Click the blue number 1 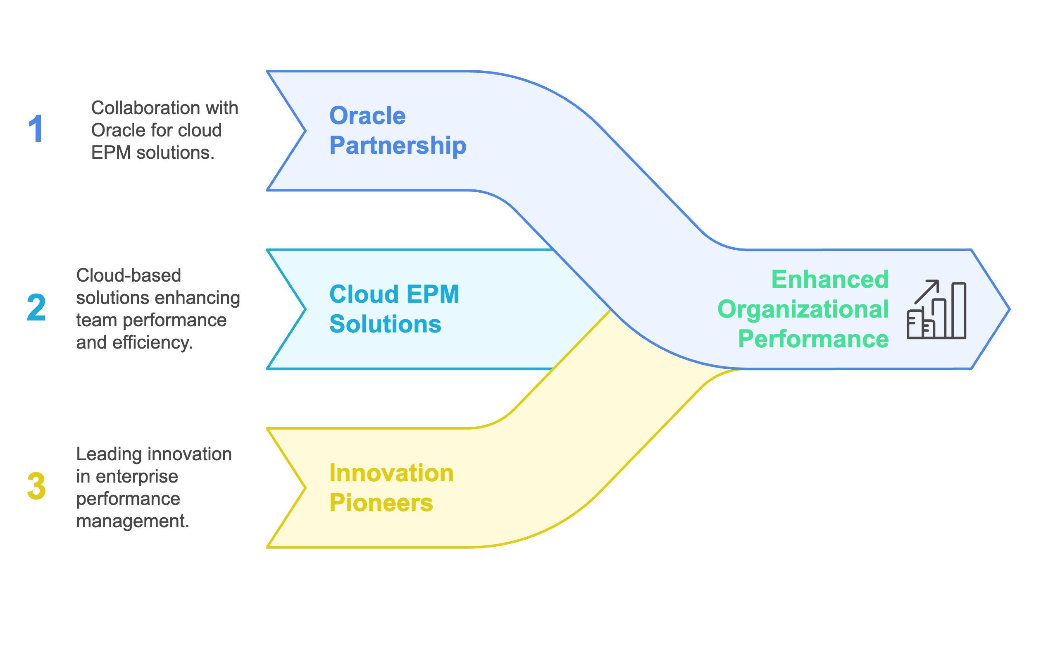[x=36, y=129]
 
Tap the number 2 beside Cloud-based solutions [x=36, y=307]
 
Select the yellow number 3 [x=36, y=486]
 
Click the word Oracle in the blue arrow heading [x=367, y=115]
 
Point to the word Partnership [x=398, y=146]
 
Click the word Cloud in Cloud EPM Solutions [x=364, y=294]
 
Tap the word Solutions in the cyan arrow [x=385, y=324]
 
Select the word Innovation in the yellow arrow [x=391, y=473]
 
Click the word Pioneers [x=381, y=503]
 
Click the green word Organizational [x=803, y=309]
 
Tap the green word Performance [x=813, y=339]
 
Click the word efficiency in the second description [x=152, y=342]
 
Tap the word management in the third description [x=132, y=521]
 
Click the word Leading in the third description [x=109, y=454]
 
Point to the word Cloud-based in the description [x=129, y=275]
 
